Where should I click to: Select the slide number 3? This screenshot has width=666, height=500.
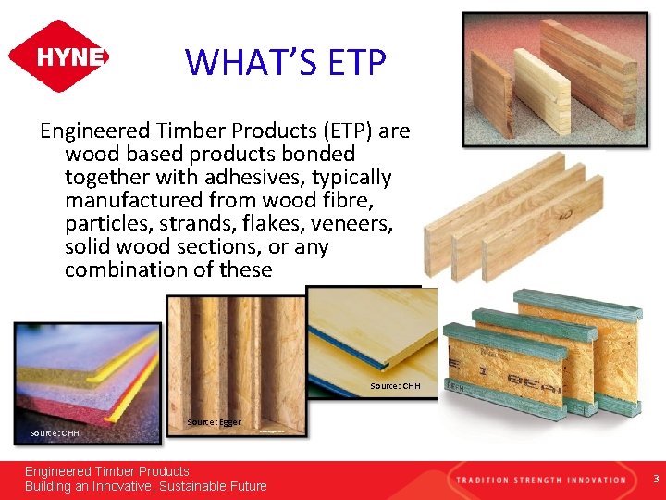click(654, 480)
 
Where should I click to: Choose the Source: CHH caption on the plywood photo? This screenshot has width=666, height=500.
click(395, 385)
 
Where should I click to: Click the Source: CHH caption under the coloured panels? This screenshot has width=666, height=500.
click(54, 432)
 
